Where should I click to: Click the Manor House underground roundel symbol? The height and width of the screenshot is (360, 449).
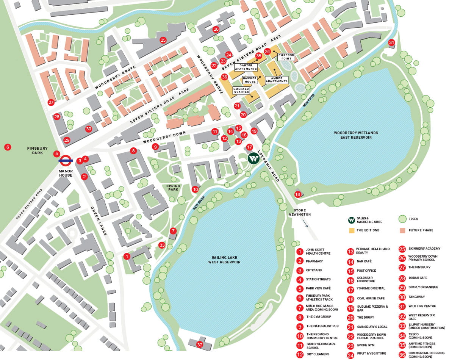pyautogui.click(x=66, y=161)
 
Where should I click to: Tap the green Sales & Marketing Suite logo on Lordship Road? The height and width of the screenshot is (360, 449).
pyautogui.click(x=253, y=158)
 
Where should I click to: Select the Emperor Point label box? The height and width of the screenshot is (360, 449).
pyautogui.click(x=286, y=57)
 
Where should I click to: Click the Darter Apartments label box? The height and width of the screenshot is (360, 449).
pyautogui.click(x=246, y=67)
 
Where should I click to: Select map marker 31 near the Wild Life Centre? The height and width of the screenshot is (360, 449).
pyautogui.click(x=391, y=43)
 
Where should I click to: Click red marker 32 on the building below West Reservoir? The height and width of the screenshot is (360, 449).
pyautogui.click(x=200, y=344)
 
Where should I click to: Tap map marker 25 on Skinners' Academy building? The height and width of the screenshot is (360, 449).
pyautogui.click(x=163, y=40)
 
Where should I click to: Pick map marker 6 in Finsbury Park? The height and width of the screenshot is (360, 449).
pyautogui.click(x=7, y=147)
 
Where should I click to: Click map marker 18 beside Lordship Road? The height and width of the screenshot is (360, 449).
pyautogui.click(x=298, y=194)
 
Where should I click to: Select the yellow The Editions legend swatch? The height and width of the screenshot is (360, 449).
pyautogui.click(x=351, y=230)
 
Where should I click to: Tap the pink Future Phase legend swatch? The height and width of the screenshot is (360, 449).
pyautogui.click(x=402, y=230)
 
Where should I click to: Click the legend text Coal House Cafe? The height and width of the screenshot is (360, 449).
pyautogui.click(x=371, y=298)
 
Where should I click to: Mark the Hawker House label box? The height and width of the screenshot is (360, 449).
pyautogui.click(x=250, y=80)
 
